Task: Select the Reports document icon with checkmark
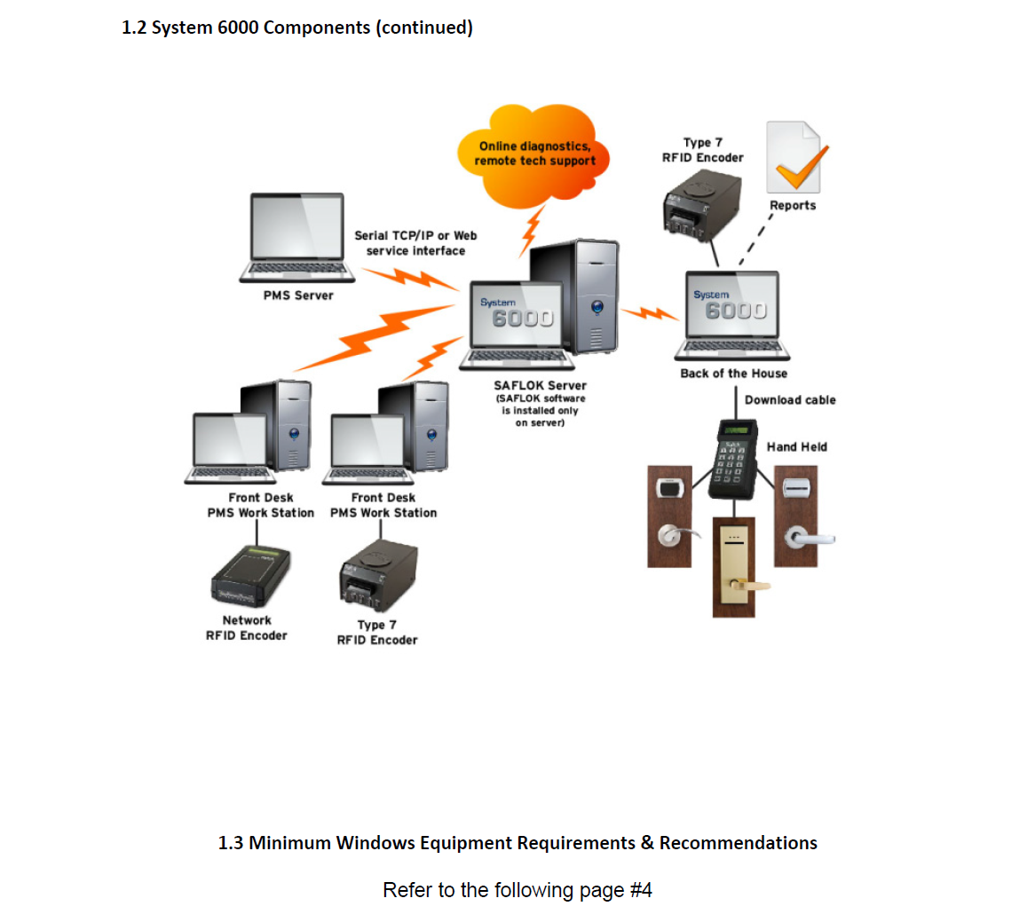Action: [x=793, y=159]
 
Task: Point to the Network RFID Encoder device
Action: [x=250, y=578]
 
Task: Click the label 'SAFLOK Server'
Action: [x=540, y=385]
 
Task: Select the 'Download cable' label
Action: [x=790, y=400]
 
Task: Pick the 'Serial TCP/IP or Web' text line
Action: [x=415, y=235]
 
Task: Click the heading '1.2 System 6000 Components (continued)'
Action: [x=297, y=28]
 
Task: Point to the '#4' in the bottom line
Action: [x=641, y=890]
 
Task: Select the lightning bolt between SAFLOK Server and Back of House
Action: [x=650, y=313]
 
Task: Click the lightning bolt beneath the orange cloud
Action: [x=531, y=231]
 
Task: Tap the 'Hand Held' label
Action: [x=796, y=447]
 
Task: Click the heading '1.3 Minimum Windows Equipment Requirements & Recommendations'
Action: [x=517, y=843]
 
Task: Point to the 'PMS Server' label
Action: [x=298, y=296]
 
